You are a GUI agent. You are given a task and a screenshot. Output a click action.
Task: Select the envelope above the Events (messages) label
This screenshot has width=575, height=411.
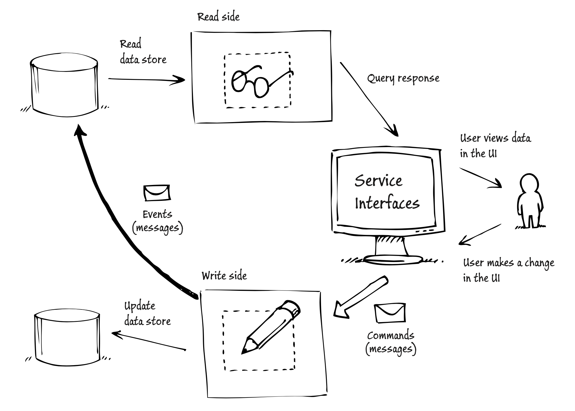tap(157, 193)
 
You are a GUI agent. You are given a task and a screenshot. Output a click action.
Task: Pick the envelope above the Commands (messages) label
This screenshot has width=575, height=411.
tap(390, 313)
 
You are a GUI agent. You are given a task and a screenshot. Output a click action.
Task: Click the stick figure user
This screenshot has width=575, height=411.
tap(529, 201)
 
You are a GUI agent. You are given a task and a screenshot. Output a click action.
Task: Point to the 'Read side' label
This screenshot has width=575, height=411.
tap(219, 17)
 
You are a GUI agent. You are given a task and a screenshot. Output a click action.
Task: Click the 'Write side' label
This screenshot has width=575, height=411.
tap(224, 276)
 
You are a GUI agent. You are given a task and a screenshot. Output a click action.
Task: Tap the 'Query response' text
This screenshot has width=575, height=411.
tap(403, 79)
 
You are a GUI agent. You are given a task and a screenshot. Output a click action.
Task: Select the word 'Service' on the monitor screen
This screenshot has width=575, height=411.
tap(378, 181)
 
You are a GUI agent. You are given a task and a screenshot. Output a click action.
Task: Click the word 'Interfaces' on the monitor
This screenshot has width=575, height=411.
tap(387, 203)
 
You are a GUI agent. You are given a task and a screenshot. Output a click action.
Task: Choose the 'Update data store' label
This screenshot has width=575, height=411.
tap(147, 314)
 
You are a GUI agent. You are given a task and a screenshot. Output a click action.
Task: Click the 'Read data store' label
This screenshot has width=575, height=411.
tap(143, 52)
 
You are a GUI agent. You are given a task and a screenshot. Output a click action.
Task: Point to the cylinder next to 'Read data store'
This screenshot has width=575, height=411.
tap(65, 85)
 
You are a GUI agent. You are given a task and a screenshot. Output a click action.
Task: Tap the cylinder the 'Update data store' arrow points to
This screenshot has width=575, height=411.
tap(67, 338)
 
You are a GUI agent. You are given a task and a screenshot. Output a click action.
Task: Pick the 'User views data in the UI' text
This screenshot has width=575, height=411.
tap(496, 146)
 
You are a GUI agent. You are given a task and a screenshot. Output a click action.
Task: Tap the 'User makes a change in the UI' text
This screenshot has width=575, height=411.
tap(508, 271)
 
